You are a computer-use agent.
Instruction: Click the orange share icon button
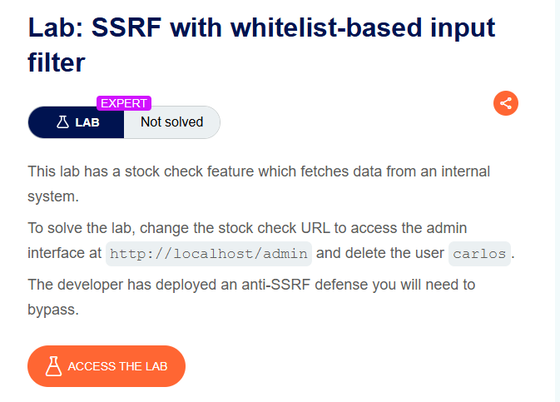point(506,103)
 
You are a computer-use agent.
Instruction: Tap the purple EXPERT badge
point(124,103)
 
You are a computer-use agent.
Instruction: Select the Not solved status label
point(171,122)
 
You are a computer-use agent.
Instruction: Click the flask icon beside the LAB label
point(62,122)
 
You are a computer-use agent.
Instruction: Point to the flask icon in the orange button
point(53,366)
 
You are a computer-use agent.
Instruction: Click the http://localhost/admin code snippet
point(209,254)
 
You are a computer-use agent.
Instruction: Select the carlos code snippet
point(479,254)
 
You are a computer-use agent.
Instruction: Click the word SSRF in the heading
point(126,27)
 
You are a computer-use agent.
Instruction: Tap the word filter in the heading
point(57,62)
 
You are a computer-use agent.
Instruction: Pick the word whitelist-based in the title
point(326,27)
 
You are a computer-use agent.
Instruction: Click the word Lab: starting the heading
point(56,27)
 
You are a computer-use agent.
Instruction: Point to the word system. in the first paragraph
point(53,196)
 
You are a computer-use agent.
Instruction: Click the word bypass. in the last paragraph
point(53,310)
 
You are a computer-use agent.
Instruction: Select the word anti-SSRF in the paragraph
point(275,285)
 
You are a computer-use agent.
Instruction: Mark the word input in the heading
point(463,28)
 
